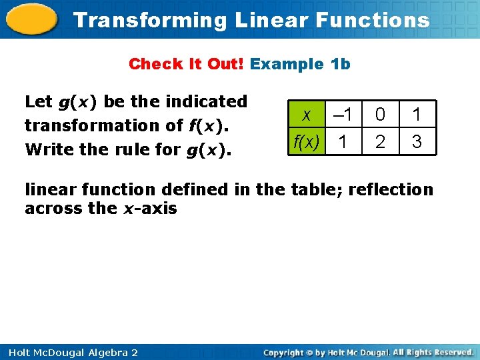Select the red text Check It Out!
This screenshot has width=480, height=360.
point(187,64)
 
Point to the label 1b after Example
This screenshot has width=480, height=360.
point(340,64)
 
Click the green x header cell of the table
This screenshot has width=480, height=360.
point(306,115)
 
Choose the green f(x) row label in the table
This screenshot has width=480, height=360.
point(306,141)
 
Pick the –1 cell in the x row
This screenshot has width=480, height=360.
point(342,115)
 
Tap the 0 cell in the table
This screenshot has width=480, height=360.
point(379,115)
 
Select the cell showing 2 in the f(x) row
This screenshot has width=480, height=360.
point(379,142)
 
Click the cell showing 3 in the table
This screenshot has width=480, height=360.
point(417,142)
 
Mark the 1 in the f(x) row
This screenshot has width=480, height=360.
point(342,142)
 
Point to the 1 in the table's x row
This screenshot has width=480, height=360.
point(417,115)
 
